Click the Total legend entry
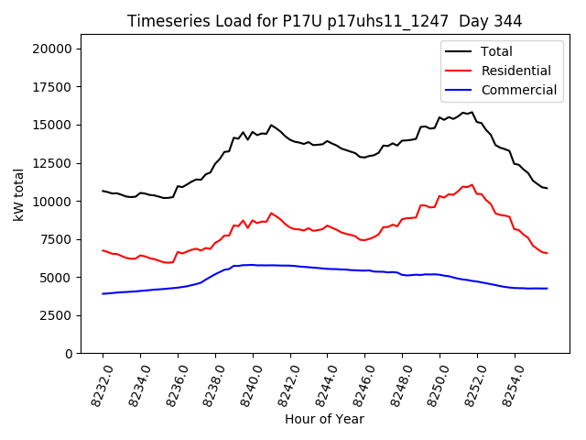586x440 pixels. pyautogui.click(x=496, y=51)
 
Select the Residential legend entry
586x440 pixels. pyautogui.click(x=515, y=71)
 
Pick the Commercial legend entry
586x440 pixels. pyautogui.click(x=518, y=90)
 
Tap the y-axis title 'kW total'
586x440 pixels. pyautogui.click(x=19, y=193)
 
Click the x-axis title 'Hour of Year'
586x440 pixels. pyautogui.click(x=324, y=419)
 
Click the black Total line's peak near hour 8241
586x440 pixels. pyautogui.click(x=271, y=125)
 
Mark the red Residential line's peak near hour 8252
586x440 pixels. pyautogui.click(x=472, y=184)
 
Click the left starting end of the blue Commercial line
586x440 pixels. pyautogui.click(x=103, y=293)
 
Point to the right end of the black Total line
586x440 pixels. pyautogui.click(x=548, y=188)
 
